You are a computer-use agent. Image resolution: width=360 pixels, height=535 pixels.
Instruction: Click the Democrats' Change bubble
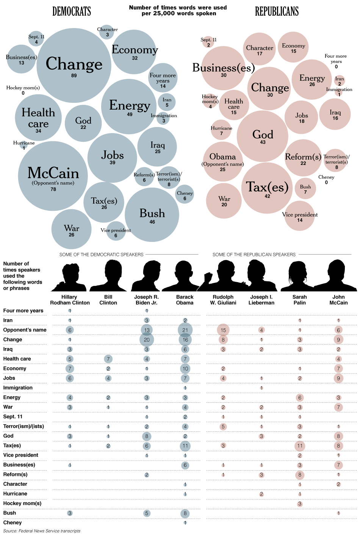click(74, 65)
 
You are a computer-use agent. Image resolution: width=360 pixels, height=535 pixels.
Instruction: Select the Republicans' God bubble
click(263, 136)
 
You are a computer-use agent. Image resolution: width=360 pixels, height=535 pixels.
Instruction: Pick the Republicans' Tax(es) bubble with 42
click(267, 188)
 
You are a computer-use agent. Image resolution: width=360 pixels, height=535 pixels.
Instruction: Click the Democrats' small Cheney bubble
click(185, 195)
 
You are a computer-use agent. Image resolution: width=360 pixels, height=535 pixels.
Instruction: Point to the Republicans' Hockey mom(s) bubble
click(210, 101)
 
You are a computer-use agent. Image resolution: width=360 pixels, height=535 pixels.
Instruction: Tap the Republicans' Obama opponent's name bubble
click(222, 162)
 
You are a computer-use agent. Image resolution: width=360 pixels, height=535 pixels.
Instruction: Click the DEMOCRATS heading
click(72, 12)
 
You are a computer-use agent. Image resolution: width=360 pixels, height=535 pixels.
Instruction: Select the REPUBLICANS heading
click(277, 12)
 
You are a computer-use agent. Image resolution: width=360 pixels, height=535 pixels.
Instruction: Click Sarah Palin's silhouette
click(300, 276)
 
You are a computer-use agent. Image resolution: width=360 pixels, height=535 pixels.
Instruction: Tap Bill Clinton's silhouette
click(108, 276)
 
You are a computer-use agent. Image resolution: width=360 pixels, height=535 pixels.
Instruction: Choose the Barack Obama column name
click(185, 300)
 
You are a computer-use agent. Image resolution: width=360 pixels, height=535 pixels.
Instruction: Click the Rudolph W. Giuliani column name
click(223, 300)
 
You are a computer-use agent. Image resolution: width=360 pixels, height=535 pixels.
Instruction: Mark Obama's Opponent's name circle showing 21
click(185, 330)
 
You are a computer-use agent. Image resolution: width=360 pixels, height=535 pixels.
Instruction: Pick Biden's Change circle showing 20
click(147, 340)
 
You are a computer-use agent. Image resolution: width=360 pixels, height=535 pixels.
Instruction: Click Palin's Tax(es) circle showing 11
click(300, 446)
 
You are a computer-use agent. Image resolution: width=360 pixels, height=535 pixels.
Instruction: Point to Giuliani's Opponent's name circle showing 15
click(223, 330)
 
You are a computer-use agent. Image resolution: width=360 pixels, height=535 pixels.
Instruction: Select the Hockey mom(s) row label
click(22, 504)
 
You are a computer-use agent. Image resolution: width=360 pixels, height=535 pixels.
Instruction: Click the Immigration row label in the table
click(18, 388)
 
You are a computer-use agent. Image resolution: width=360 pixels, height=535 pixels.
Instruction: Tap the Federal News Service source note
click(42, 531)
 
